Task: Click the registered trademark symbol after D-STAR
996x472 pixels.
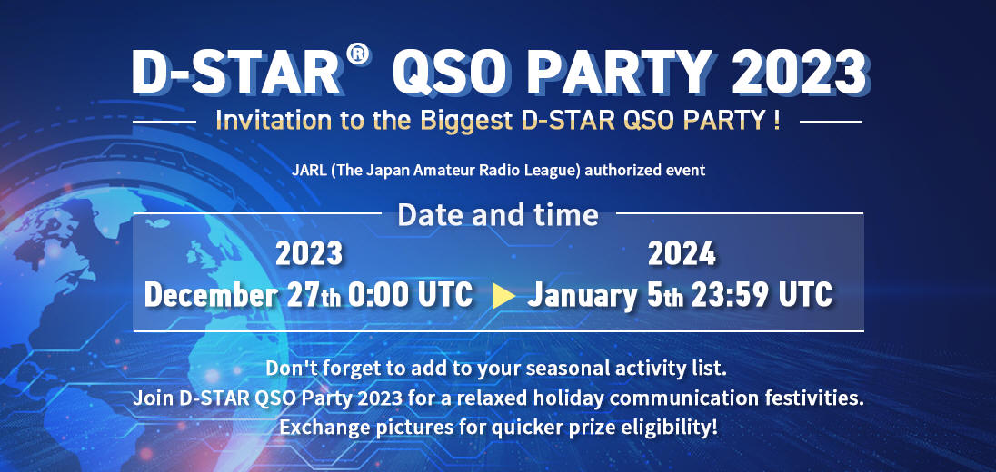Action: click(x=359, y=55)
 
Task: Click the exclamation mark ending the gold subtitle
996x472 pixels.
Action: click(x=777, y=120)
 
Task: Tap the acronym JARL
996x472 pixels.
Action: click(x=309, y=171)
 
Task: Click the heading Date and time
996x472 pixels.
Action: click(x=498, y=215)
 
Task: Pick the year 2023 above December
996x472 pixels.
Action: click(x=309, y=254)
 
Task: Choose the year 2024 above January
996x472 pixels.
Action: click(x=682, y=254)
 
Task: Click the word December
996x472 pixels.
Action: click(x=211, y=295)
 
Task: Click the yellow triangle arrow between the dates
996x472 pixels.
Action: click(x=503, y=296)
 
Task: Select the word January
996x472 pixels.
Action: click(x=582, y=296)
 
